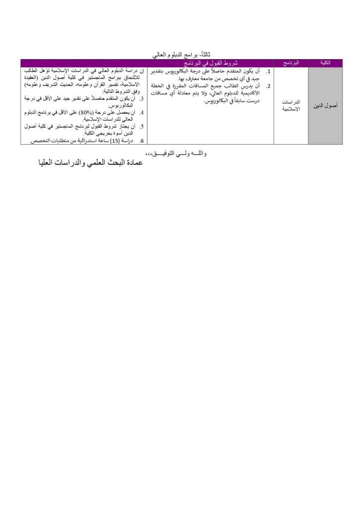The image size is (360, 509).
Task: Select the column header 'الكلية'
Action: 326,63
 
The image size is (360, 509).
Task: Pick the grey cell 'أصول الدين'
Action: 326,106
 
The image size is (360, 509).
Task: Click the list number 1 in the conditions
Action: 268,72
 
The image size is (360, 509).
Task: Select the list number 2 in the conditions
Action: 268,86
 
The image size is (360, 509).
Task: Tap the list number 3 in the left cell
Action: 142,99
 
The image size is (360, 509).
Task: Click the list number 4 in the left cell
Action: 142,113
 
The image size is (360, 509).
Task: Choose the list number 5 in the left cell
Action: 142,127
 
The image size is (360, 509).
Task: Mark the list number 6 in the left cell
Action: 142,141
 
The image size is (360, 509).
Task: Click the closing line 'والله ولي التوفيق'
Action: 177,154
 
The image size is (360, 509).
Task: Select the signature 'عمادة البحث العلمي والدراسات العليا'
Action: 91,163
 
